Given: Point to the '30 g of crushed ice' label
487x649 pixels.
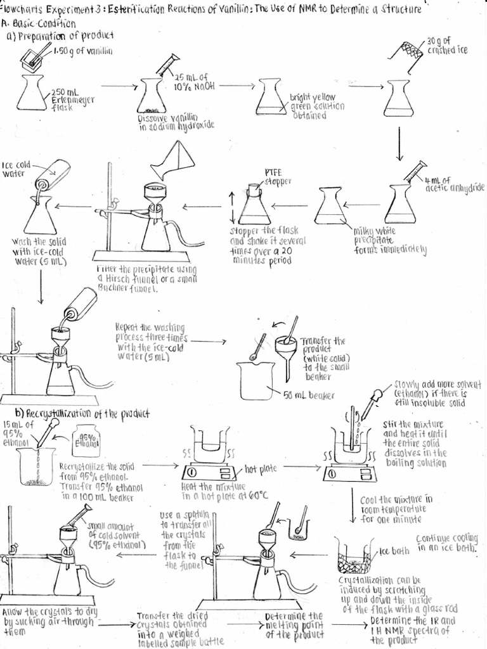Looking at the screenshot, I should click(x=446, y=45).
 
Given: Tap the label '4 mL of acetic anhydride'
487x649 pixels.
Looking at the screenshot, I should click(x=453, y=184).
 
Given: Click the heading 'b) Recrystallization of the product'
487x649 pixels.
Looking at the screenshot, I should click(x=79, y=414).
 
